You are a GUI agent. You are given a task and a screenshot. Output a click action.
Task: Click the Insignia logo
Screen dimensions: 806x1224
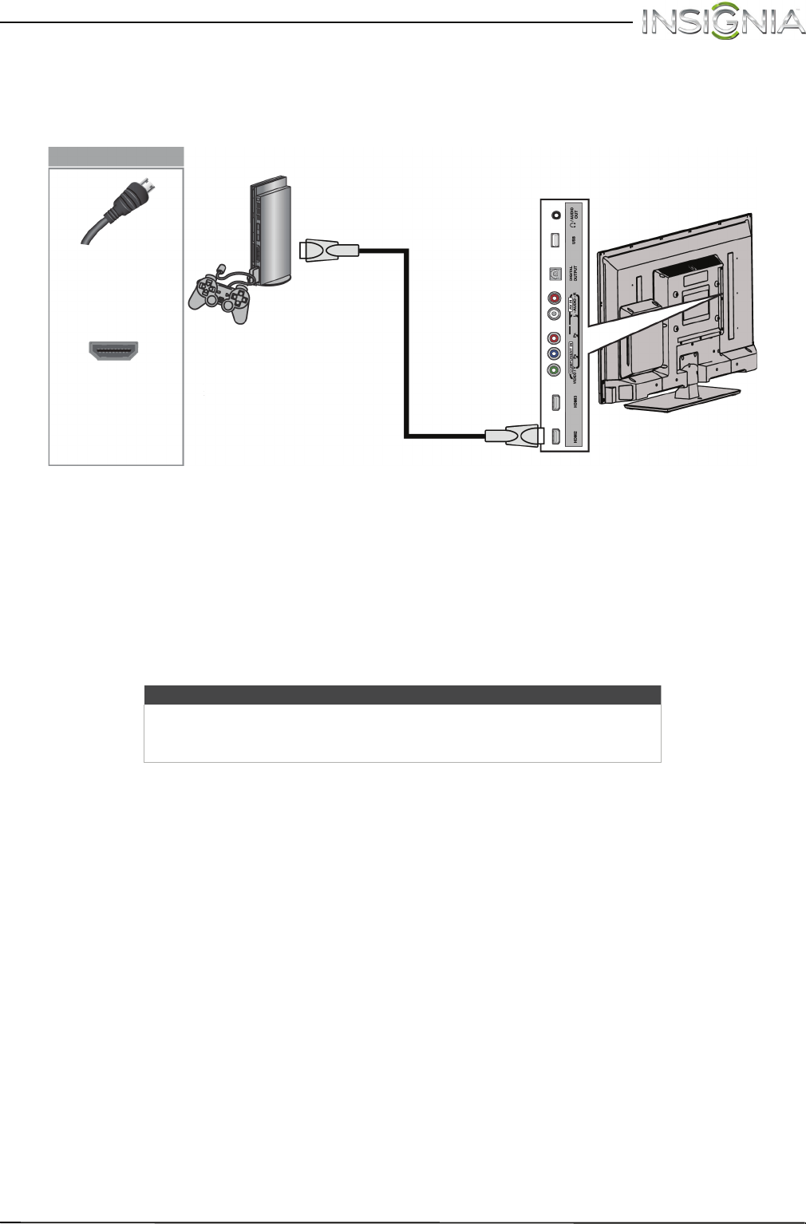pyautogui.click(x=724, y=22)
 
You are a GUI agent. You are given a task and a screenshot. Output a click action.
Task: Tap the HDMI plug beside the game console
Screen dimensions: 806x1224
pyautogui.click(x=329, y=251)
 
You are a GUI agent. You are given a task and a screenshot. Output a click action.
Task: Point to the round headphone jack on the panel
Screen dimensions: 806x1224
pyautogui.click(x=555, y=214)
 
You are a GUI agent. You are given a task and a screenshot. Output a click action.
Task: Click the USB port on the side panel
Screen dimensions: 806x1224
pyautogui.click(x=555, y=240)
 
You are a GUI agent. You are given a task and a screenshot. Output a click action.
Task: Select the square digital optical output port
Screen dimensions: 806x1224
pyautogui.click(x=555, y=272)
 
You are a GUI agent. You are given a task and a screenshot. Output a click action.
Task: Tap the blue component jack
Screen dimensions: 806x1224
pyautogui.click(x=555, y=353)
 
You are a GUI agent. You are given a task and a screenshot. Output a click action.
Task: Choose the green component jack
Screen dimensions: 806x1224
pyautogui.click(x=555, y=370)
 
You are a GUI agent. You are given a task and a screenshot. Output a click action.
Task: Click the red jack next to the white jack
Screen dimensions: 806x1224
pyautogui.click(x=555, y=298)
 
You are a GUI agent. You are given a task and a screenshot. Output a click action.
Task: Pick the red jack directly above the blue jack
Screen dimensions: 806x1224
pyautogui.click(x=555, y=338)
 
